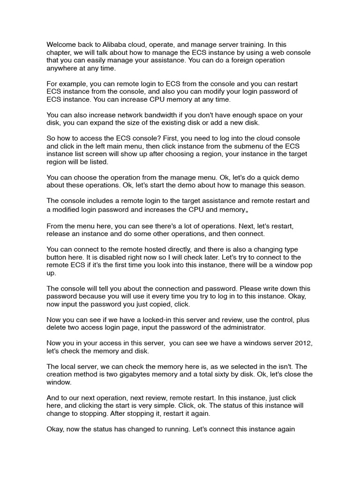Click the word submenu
click(x=245, y=146)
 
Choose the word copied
click(x=164, y=304)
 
